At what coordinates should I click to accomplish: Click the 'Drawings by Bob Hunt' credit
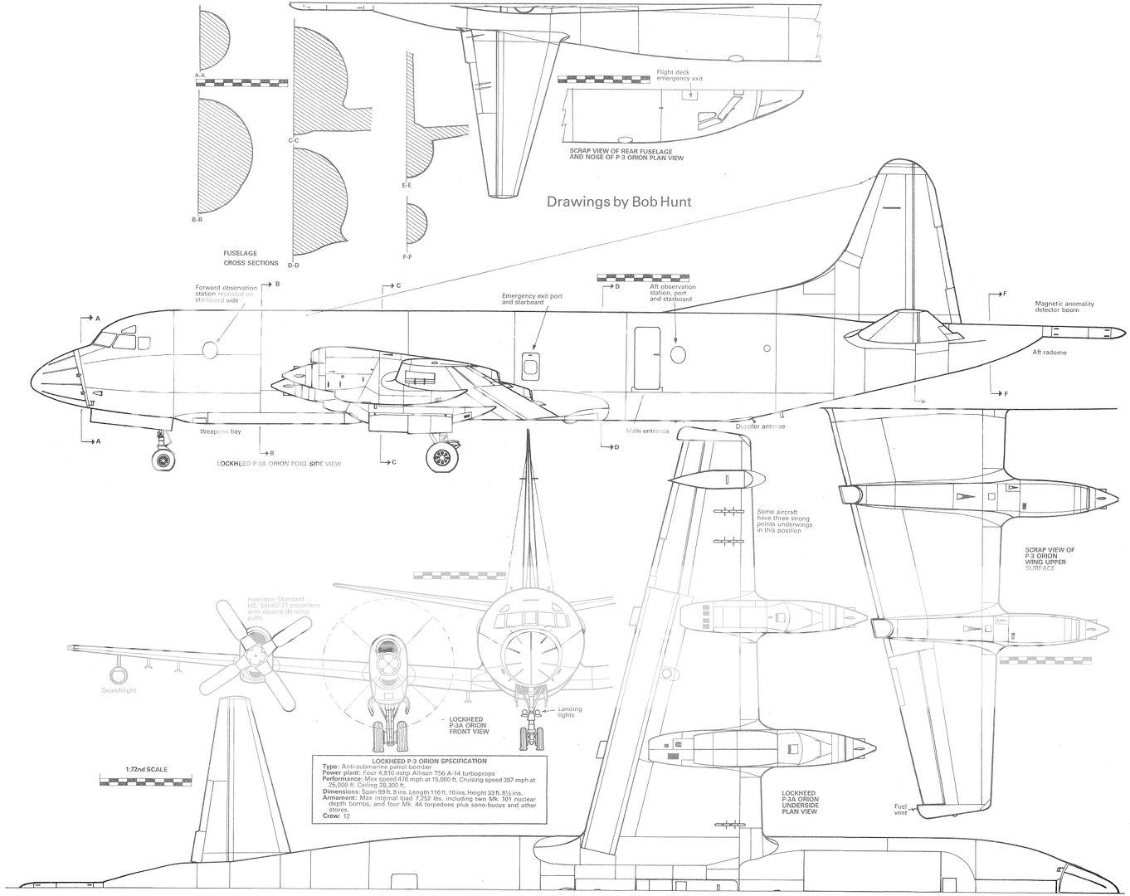tap(618, 201)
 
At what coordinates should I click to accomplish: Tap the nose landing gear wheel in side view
tap(164, 458)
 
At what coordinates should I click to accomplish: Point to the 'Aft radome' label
tap(1049, 353)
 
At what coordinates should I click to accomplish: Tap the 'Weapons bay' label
tap(214, 432)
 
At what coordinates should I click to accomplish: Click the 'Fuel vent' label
tap(900, 809)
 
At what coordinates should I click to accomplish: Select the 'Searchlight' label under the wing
tap(119, 690)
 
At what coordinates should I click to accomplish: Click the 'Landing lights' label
tap(569, 712)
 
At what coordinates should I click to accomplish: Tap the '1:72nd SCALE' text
tap(134, 769)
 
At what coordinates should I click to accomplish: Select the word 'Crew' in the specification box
tap(330, 816)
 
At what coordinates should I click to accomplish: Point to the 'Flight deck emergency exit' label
tap(679, 75)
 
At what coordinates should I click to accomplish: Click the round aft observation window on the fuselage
tap(678, 355)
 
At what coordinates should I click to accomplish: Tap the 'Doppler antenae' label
tap(760, 426)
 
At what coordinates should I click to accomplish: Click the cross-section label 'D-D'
tap(293, 265)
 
